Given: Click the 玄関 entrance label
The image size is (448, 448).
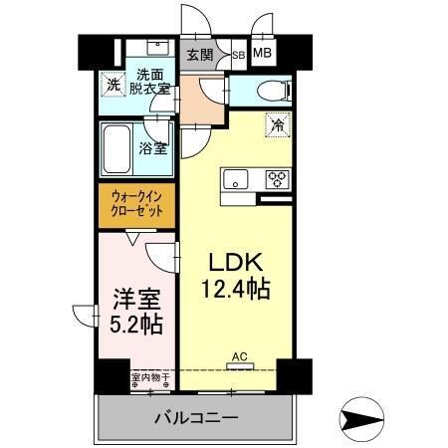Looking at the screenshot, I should pyautogui.click(x=199, y=54).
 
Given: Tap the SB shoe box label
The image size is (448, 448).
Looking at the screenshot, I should pyautogui.click(x=238, y=56).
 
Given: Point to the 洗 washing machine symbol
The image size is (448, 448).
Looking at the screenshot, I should pyautogui.click(x=114, y=85).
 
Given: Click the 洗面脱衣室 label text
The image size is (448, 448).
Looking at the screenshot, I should pyautogui.click(x=151, y=81).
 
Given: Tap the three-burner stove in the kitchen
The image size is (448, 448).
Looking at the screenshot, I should pyautogui.click(x=276, y=180).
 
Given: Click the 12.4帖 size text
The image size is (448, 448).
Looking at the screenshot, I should pyautogui.click(x=235, y=290).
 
